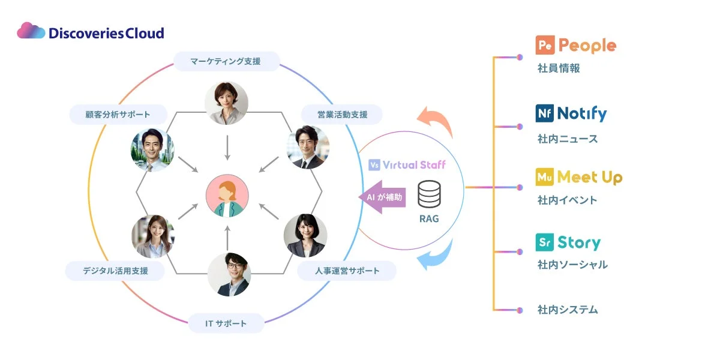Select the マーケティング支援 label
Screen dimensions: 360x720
226,61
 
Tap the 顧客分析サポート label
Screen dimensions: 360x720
118,114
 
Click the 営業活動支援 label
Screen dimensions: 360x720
342,114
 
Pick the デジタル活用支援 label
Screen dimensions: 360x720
115,271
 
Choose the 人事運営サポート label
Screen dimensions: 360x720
347,271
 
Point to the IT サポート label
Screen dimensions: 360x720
226,323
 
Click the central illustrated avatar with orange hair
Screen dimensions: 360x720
226,197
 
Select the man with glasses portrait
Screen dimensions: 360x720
229,274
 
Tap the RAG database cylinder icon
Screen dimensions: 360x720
428,194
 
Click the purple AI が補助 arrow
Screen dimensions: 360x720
384,197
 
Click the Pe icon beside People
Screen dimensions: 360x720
544,46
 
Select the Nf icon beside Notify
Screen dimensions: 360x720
544,113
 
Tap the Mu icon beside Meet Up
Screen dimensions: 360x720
544,177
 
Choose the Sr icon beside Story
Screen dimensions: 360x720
544,242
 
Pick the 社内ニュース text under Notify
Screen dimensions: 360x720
568,139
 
